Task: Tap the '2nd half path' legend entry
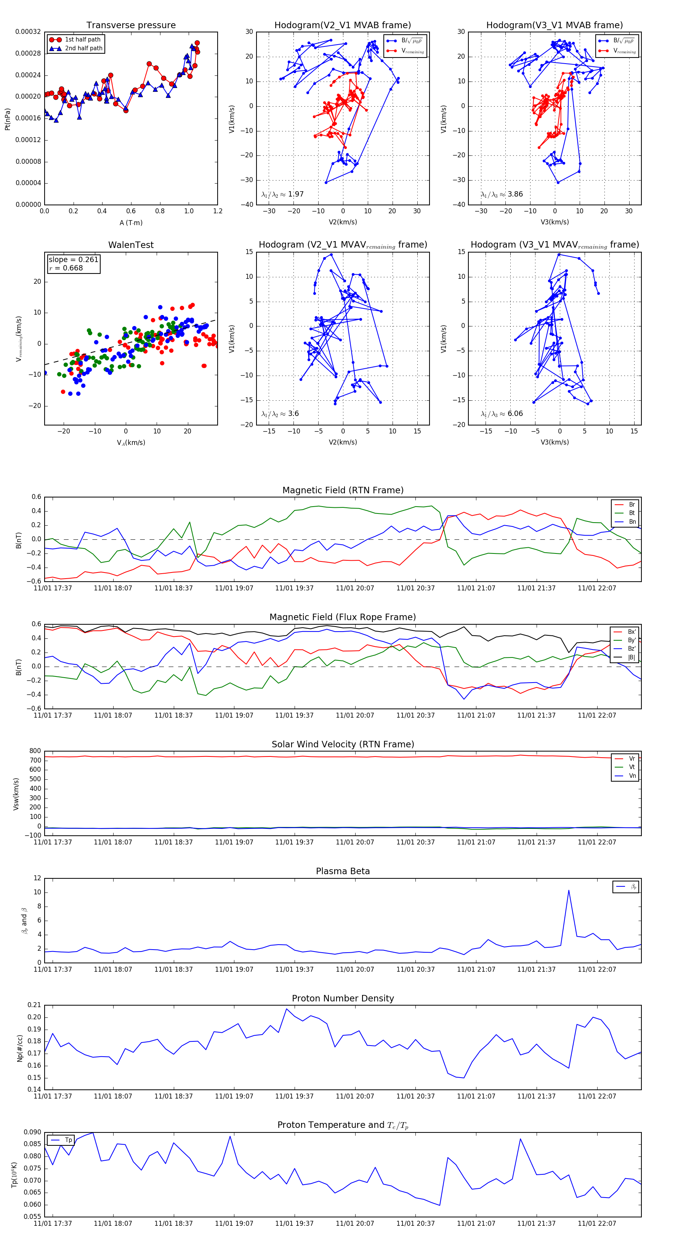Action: (83, 48)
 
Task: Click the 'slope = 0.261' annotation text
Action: (73, 260)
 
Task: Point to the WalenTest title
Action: (131, 245)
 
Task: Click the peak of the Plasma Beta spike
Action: (568, 891)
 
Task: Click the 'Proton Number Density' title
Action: (343, 998)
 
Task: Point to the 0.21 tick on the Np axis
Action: (34, 1005)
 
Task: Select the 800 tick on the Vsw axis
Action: (35, 751)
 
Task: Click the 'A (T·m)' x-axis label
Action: (131, 223)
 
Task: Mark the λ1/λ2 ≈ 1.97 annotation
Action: (282, 194)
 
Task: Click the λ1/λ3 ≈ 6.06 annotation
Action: (502, 414)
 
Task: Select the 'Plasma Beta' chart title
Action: (343, 872)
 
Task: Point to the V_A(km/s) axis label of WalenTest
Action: (131, 443)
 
